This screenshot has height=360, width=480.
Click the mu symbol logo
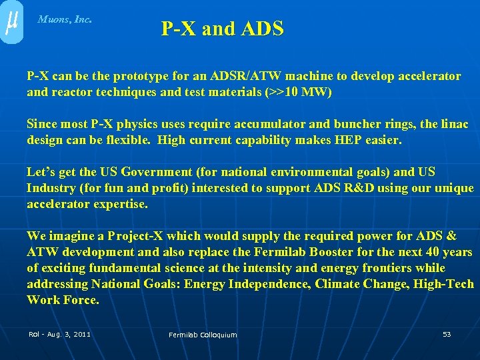pyautogui.click(x=11, y=22)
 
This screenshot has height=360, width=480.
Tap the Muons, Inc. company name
pyautogui.click(x=65, y=19)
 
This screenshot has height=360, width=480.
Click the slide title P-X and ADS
pyautogui.click(x=222, y=29)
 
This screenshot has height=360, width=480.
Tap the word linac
pyautogui.click(x=455, y=124)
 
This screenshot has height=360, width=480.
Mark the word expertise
pyautogui.click(x=118, y=204)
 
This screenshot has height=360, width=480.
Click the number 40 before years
pyautogui.click(x=433, y=252)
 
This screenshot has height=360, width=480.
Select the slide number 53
pyautogui.click(x=447, y=333)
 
